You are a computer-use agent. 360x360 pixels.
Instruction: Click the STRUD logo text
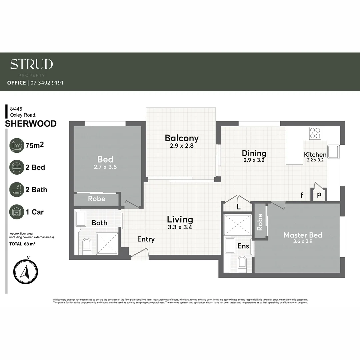click(x=31, y=64)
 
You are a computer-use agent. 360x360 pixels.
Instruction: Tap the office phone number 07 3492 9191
click(x=47, y=83)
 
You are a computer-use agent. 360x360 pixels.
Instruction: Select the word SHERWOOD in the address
click(x=31, y=124)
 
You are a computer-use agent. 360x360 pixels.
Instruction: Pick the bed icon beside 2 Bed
click(x=17, y=167)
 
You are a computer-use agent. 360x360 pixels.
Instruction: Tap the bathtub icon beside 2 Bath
click(x=17, y=190)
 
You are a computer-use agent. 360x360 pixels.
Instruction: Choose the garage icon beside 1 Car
click(x=17, y=212)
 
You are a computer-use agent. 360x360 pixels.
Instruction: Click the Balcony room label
click(x=182, y=138)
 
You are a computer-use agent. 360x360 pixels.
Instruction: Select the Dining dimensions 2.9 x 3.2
click(x=254, y=160)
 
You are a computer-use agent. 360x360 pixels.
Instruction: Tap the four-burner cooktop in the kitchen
click(x=315, y=133)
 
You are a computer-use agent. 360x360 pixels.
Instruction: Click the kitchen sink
click(x=333, y=152)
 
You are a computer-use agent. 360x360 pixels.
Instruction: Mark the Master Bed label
click(x=303, y=235)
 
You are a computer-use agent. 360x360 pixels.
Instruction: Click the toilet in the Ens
click(x=242, y=262)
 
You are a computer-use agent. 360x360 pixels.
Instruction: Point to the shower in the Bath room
click(x=107, y=244)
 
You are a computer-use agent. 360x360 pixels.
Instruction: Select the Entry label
click(x=146, y=239)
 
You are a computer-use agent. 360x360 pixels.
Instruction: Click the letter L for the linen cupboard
click(x=238, y=207)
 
